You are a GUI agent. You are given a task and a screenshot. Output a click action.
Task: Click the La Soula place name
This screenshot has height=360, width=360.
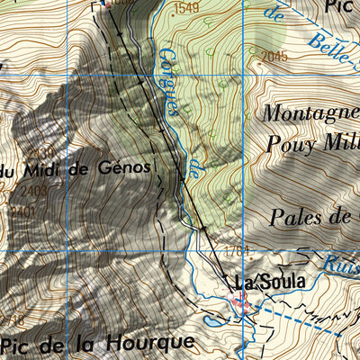pyautogui.click(x=269, y=282)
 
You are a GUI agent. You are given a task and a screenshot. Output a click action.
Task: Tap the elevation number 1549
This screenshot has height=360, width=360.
pyautogui.click(x=186, y=8)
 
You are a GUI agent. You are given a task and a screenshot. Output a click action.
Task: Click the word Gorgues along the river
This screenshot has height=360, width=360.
pyautogui.click(x=167, y=78)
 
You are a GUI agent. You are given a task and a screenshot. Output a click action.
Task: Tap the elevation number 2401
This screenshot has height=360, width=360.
pyautogui.click(x=22, y=211)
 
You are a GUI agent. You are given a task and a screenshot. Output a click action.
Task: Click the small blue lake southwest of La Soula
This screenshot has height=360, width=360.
pyautogui.click(x=209, y=319)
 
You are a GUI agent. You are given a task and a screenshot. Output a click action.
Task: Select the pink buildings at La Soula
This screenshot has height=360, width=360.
pyautogui.click(x=243, y=306)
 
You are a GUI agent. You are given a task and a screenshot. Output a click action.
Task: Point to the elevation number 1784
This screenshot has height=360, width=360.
pyautogui.click(x=236, y=251)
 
